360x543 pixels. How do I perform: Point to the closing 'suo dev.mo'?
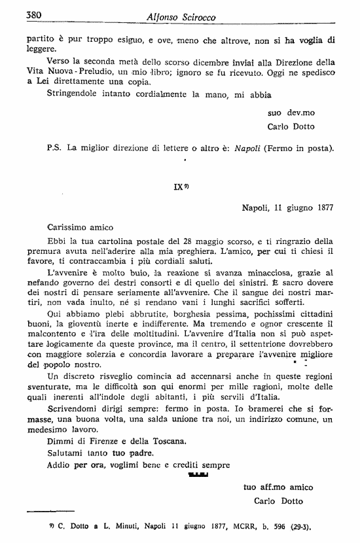coord(291,113)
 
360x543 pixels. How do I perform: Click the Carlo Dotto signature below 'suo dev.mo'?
coord(291,126)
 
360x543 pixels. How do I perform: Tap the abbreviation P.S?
coord(54,149)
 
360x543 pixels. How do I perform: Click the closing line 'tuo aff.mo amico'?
coord(278,487)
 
